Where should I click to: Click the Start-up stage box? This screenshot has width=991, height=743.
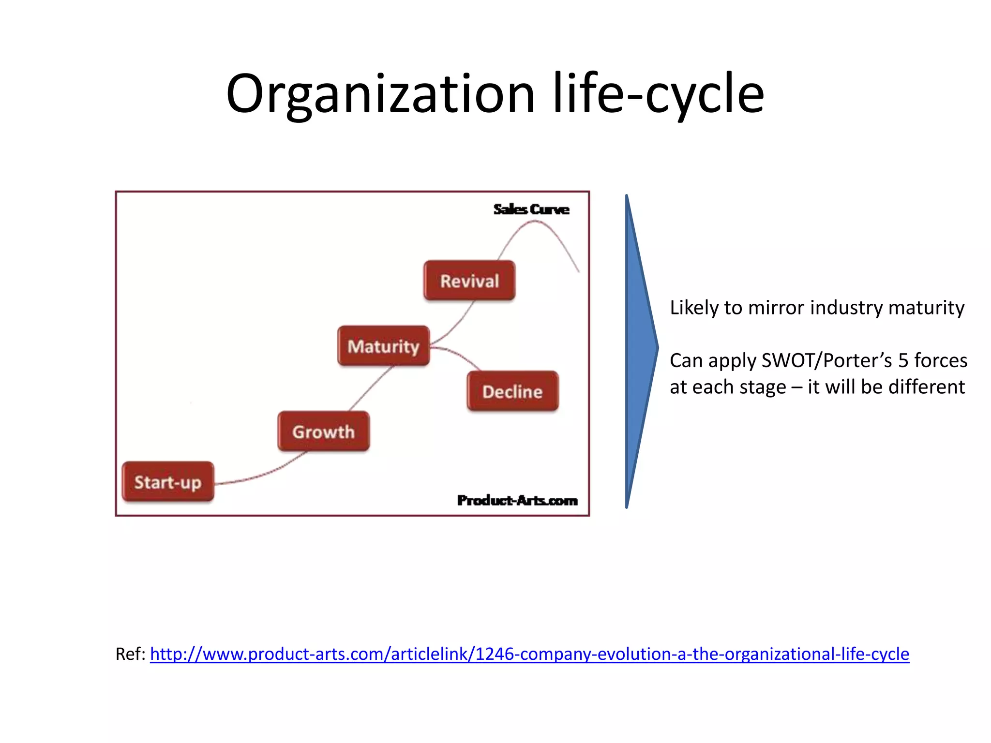coord(168,482)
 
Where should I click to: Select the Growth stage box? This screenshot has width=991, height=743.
coord(323,431)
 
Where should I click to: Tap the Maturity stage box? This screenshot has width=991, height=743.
coord(383,346)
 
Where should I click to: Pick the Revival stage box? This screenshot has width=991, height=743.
coord(469,281)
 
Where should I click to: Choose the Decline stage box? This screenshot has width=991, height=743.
coord(512,391)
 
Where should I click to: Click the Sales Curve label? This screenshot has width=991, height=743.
coord(531,209)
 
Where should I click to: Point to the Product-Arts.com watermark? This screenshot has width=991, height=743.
coord(517,500)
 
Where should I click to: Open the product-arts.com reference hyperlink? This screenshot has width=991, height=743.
coord(529,654)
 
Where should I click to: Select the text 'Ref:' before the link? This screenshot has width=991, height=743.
coord(130,654)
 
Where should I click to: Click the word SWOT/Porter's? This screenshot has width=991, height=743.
coord(826,361)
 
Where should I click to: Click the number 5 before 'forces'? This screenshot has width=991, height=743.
coord(903,361)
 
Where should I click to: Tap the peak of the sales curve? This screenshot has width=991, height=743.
coord(535,221)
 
